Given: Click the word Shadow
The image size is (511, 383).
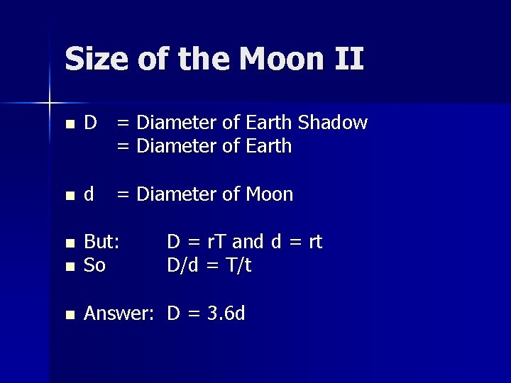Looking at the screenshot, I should pos(333,123).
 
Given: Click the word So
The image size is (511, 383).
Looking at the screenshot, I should pos(94,266).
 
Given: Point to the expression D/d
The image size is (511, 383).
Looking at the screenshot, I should pos(184,266).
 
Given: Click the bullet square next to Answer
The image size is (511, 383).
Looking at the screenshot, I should pos(69,314).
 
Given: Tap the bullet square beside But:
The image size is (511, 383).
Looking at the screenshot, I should pos(69,243).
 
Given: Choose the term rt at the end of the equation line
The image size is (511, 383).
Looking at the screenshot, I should pos(313,242).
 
